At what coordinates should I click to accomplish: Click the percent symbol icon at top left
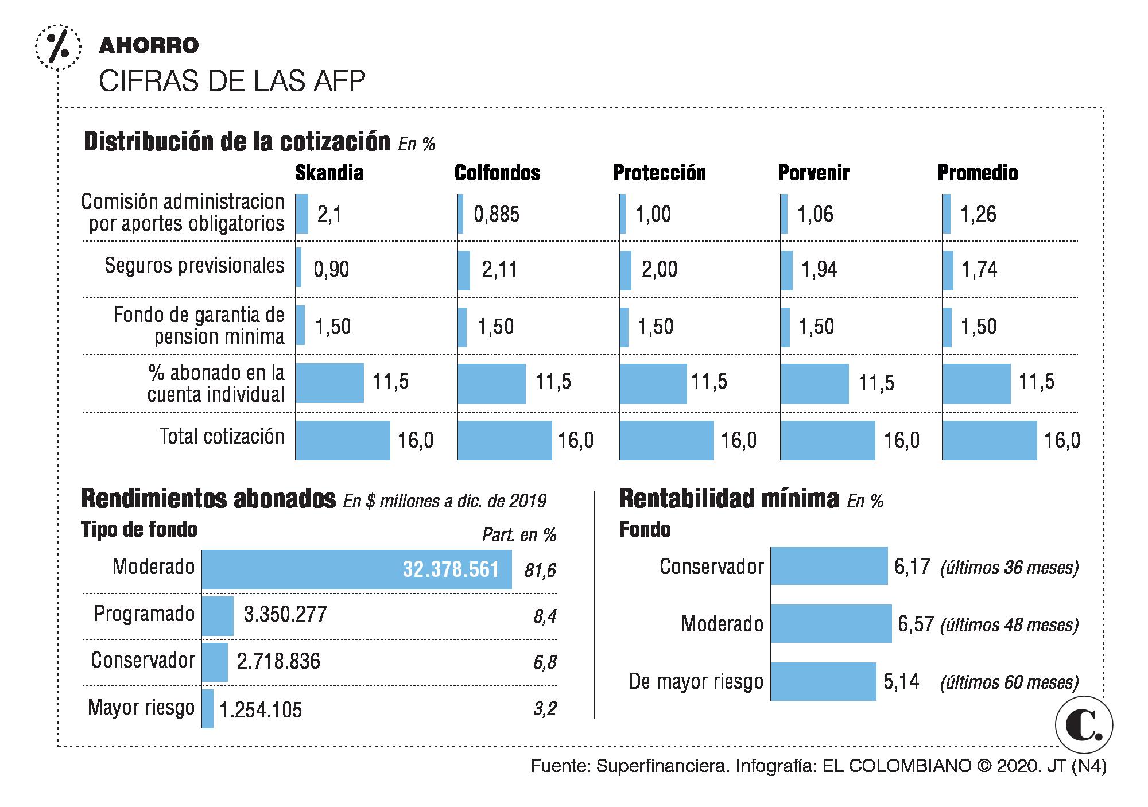(x=57, y=46)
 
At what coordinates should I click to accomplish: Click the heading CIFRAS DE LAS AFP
(x=232, y=82)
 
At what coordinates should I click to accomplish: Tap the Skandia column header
(x=329, y=173)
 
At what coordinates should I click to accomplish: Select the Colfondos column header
(x=497, y=173)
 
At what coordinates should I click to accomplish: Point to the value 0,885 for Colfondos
(x=497, y=214)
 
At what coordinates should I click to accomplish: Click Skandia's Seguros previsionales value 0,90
(x=331, y=269)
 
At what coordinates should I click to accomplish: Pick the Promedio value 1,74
(x=979, y=269)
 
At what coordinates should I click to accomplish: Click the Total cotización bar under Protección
(x=666, y=440)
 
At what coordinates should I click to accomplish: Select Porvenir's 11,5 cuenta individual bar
(x=815, y=383)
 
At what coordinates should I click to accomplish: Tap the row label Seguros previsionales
(x=195, y=266)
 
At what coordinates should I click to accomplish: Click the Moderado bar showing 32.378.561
(x=356, y=569)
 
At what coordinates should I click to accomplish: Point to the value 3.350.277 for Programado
(x=285, y=614)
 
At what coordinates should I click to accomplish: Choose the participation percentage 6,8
(x=545, y=662)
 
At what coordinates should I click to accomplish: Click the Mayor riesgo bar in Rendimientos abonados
(x=208, y=708)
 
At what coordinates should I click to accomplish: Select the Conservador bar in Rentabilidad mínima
(x=829, y=566)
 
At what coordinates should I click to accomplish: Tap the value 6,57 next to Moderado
(x=916, y=624)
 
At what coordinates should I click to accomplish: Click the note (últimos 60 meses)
(x=1009, y=682)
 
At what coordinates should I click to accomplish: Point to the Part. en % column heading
(x=519, y=535)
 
